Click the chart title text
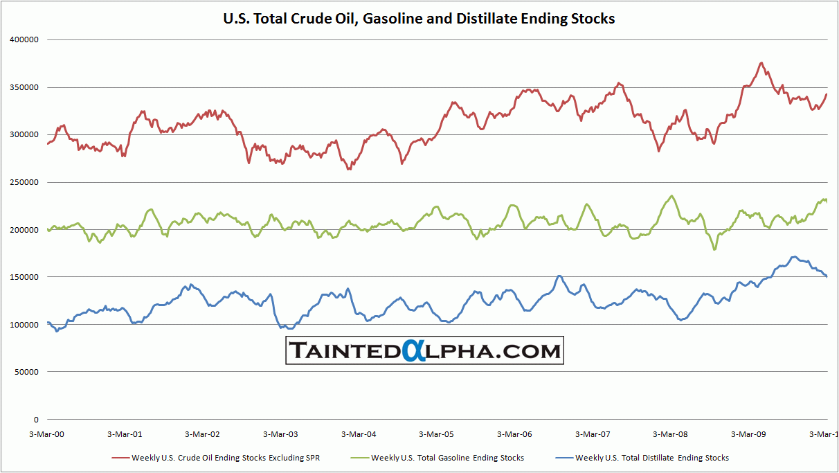(x=419, y=19)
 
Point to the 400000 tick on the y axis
(x=24, y=39)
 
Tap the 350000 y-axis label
(x=24, y=87)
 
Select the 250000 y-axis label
(x=24, y=182)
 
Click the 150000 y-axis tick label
(x=24, y=277)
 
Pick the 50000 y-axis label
(x=26, y=372)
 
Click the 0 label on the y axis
(x=35, y=420)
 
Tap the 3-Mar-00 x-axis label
(x=47, y=435)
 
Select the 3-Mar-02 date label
(x=202, y=435)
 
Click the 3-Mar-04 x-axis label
(x=359, y=435)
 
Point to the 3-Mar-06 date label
(x=514, y=435)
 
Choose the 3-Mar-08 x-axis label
(x=670, y=435)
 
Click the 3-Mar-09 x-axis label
(x=748, y=435)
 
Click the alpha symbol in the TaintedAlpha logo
(x=411, y=350)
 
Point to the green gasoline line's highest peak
(x=671, y=196)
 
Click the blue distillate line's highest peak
(x=795, y=257)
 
